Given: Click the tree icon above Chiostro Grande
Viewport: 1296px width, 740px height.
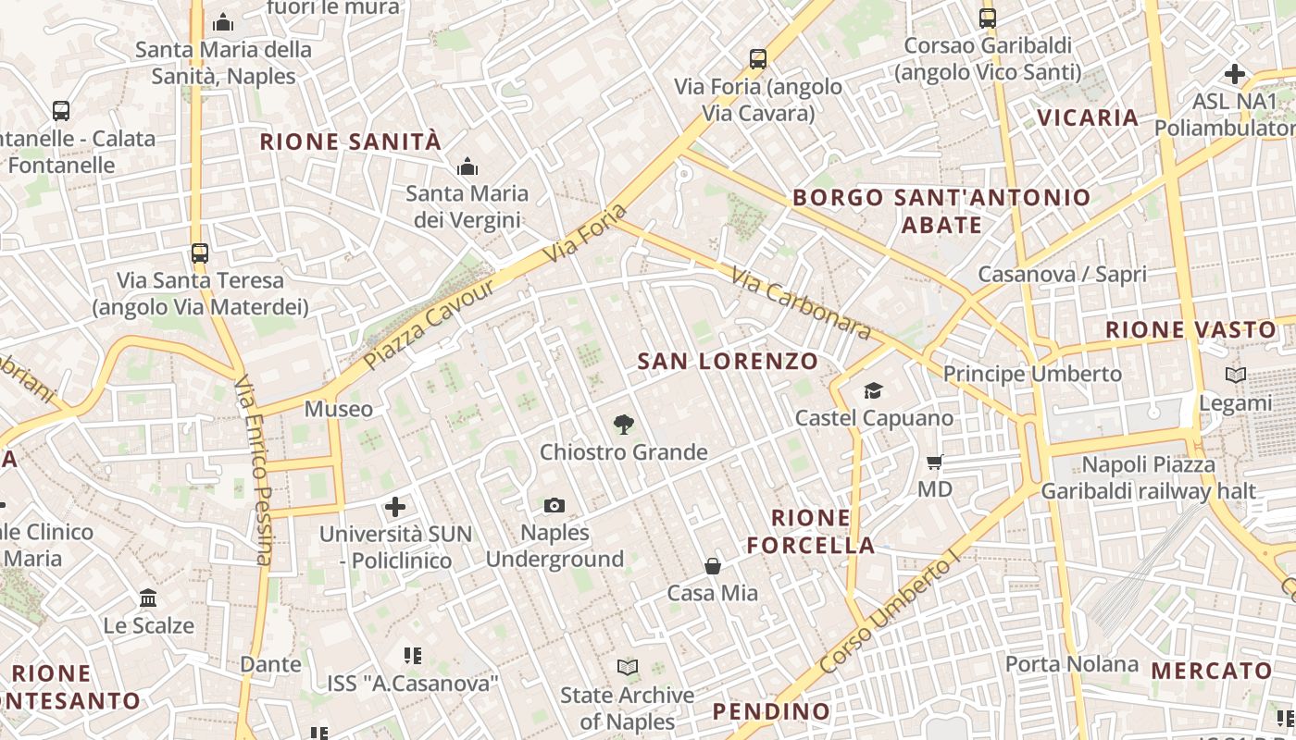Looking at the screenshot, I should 624,425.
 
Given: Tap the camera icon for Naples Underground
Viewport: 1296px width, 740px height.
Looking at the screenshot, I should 555,505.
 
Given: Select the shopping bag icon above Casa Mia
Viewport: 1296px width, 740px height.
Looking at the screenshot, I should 713,566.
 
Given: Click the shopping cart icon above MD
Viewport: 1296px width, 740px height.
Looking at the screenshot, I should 934,462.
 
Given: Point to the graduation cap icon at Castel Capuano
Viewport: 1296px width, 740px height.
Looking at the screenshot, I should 873,390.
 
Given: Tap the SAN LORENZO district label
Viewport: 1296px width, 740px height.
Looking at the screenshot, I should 728,362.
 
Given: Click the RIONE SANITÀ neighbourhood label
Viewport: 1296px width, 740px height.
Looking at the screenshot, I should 351,142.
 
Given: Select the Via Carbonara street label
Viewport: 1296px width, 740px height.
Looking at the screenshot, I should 801,302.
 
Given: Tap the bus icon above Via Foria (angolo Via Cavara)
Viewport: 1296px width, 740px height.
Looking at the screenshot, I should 758,59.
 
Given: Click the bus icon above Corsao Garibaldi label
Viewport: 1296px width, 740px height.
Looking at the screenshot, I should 988,18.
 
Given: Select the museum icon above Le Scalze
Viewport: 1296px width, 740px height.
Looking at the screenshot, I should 148,598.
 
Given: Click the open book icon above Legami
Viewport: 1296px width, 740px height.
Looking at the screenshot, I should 1235,376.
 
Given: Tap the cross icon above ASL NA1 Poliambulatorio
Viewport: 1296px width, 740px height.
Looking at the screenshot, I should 1235,73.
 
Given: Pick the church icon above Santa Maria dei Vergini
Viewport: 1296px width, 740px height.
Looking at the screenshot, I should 467,166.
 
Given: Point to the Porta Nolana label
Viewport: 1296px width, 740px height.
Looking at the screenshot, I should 1072,663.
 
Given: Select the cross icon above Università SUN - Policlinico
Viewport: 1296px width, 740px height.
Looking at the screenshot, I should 395,506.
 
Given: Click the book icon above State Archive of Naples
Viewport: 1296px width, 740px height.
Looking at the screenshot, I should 627,667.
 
